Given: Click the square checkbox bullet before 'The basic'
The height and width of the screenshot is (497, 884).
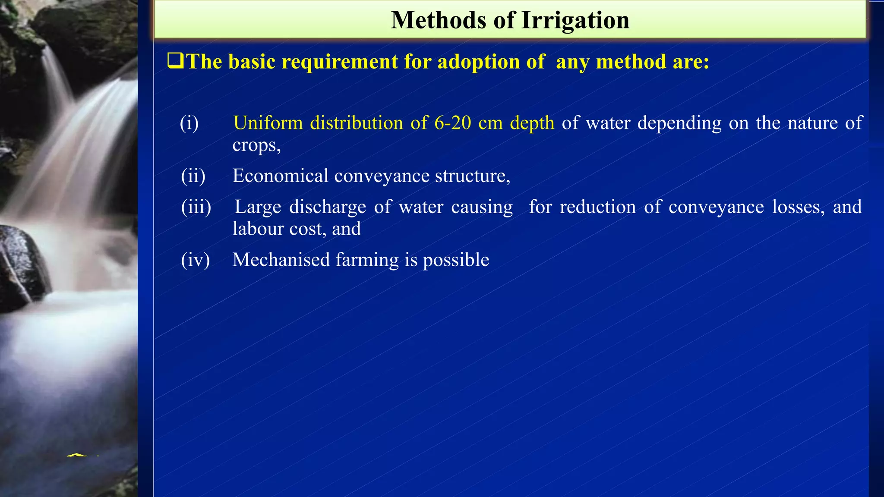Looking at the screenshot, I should click(175, 61).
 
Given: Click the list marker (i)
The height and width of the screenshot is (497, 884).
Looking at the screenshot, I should click(189, 123).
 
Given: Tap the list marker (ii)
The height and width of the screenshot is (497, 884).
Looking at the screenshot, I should click(193, 176).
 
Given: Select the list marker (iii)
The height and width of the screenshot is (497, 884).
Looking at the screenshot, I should click(196, 207).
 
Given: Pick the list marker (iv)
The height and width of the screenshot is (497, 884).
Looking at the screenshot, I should click(195, 260).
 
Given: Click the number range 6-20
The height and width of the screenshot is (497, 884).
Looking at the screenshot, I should click(453, 123).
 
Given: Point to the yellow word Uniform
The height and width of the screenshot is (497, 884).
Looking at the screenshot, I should click(268, 123).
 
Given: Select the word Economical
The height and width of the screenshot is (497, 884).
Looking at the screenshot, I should click(281, 176).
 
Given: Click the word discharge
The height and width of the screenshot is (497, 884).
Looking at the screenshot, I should click(328, 208).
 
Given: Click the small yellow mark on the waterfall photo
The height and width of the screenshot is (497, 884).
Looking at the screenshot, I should click(77, 455).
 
